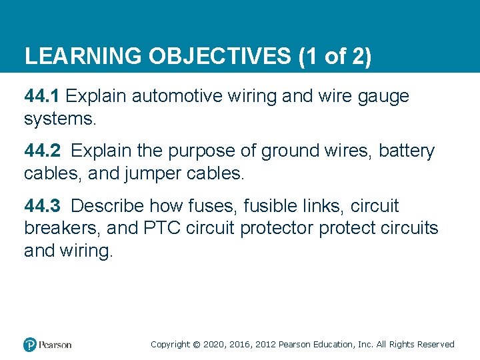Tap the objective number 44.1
42,96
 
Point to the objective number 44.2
42,151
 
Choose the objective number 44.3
42,206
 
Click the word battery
407,152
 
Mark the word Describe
108,206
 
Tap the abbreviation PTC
162,229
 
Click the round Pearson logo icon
30,345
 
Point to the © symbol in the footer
196,345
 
